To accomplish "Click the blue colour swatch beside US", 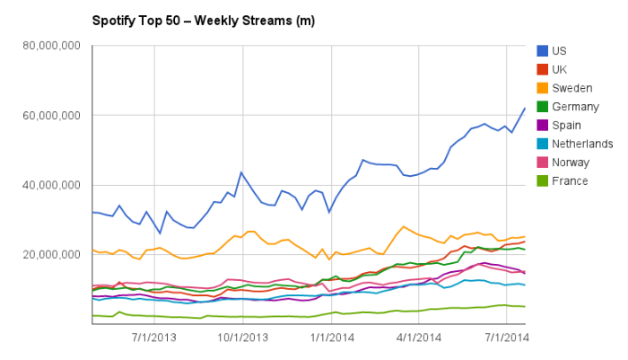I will tap(543, 51).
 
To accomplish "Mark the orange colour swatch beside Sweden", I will tap(543, 88).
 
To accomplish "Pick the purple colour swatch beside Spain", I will tap(543, 126).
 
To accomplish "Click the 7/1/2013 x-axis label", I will tap(153, 338).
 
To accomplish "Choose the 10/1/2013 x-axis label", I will tap(241, 338).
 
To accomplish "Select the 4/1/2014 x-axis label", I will tap(418, 338).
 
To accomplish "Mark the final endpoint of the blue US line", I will tap(525, 109).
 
